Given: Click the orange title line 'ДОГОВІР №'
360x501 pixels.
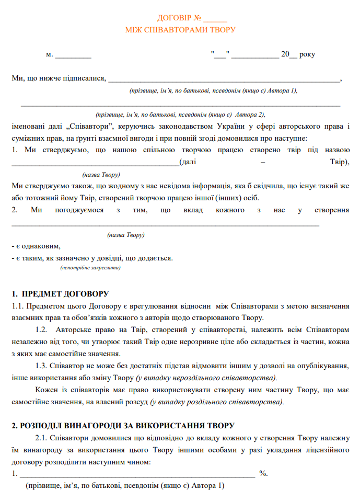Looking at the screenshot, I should (x=180, y=18).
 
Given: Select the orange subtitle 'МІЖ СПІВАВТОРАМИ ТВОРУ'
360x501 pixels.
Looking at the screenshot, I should (x=180, y=30).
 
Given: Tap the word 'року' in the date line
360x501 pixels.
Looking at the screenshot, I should (x=307, y=54).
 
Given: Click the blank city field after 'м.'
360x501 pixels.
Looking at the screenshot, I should (x=73, y=54).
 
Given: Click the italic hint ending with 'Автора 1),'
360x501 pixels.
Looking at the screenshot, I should (x=213, y=90).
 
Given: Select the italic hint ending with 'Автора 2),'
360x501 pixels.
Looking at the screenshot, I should (x=180, y=114).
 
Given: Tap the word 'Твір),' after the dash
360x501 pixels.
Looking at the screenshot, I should (x=339, y=162).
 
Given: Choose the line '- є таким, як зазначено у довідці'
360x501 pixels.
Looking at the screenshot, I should (x=92, y=258).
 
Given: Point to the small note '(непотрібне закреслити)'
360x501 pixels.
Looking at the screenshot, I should (x=90, y=268).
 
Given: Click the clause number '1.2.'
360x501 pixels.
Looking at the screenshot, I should (x=42, y=330).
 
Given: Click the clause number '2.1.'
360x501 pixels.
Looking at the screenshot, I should (x=42, y=438).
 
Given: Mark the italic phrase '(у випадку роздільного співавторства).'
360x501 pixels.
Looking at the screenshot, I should (x=217, y=402).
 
